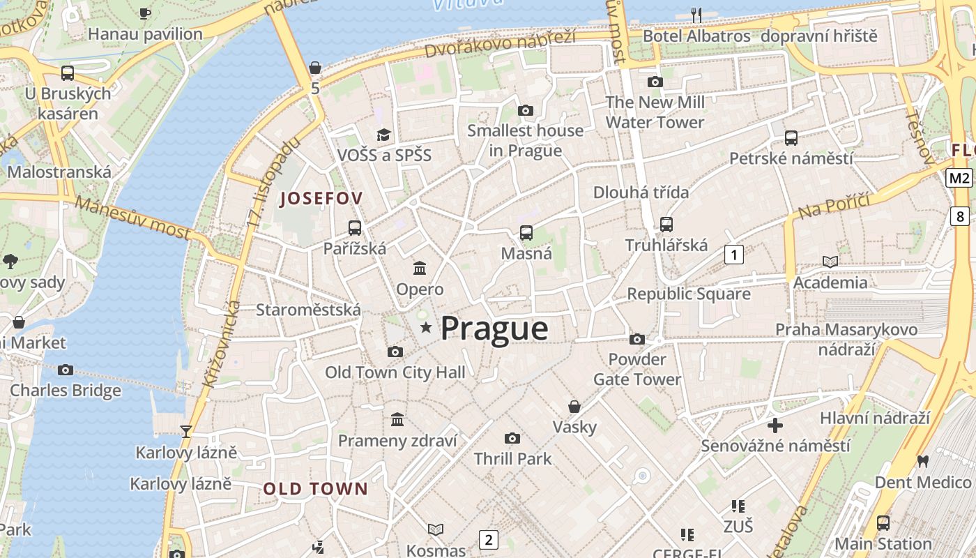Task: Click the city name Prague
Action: (x=494, y=329)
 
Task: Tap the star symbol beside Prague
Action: (x=425, y=327)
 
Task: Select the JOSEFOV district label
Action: (x=321, y=199)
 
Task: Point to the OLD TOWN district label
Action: (x=315, y=489)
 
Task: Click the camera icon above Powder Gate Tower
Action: (x=636, y=339)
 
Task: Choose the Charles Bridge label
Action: (x=66, y=391)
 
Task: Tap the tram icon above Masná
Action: (x=526, y=233)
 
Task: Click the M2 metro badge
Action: (x=959, y=178)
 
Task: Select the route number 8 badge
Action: (x=961, y=216)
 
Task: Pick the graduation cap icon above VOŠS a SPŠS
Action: (x=384, y=135)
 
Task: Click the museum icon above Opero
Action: (x=420, y=268)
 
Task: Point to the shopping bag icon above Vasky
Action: (x=574, y=406)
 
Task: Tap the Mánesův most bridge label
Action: (x=132, y=217)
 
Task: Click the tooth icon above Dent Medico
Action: (x=923, y=461)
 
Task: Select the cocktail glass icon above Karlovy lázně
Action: (x=186, y=432)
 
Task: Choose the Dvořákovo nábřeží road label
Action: (x=500, y=45)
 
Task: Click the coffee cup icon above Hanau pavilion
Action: (x=145, y=13)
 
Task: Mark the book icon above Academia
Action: (x=830, y=262)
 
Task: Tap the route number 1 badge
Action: (x=733, y=255)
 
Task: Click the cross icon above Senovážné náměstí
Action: (x=775, y=425)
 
